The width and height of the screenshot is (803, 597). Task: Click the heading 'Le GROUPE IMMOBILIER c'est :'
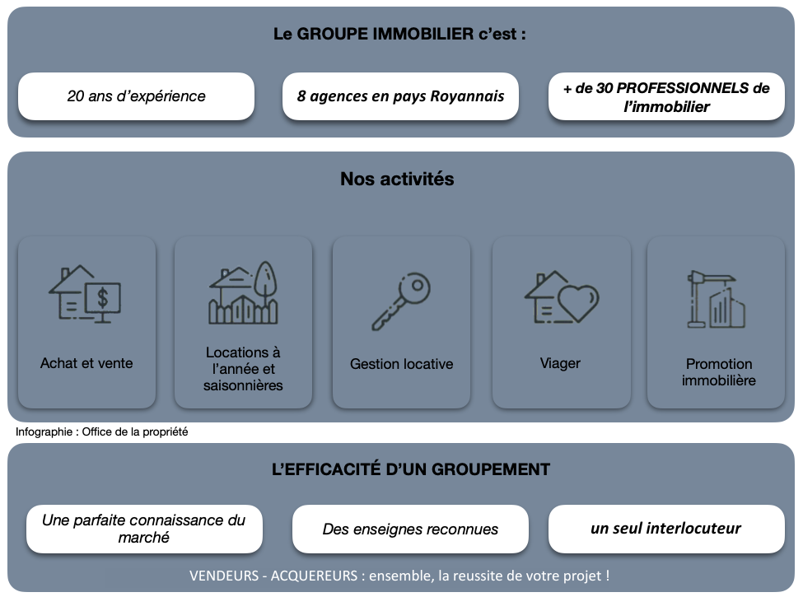[399, 35]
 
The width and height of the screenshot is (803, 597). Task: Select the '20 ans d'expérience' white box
[136, 96]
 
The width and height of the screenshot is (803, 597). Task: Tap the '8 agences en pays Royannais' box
[400, 96]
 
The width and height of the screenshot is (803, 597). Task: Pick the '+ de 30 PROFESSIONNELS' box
[666, 96]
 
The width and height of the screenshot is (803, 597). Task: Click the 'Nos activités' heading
[397, 179]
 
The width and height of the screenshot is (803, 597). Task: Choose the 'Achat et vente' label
[86, 362]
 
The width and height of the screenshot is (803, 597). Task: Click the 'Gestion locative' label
[401, 364]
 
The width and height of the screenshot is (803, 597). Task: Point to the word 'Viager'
[560, 363]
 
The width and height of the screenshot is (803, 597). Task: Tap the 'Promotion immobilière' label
[718, 372]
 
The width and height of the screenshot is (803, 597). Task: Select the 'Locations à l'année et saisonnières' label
[243, 369]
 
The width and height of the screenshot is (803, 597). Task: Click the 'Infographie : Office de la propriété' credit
[102, 431]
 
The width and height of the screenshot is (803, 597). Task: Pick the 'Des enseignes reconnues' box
[410, 529]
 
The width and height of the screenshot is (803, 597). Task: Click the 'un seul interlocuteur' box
[665, 529]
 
